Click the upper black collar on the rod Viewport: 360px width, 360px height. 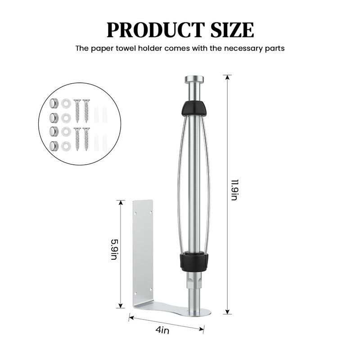coord(194,108)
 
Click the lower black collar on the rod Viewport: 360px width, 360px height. coord(194,261)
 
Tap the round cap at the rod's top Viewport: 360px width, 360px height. coord(194,80)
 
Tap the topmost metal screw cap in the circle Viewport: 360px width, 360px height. coord(54,103)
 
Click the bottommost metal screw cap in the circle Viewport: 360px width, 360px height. coord(54,145)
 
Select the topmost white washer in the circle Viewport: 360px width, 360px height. coord(66,103)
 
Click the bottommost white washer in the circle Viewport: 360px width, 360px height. coord(66,145)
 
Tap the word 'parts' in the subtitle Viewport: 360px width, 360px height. coord(274,48)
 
